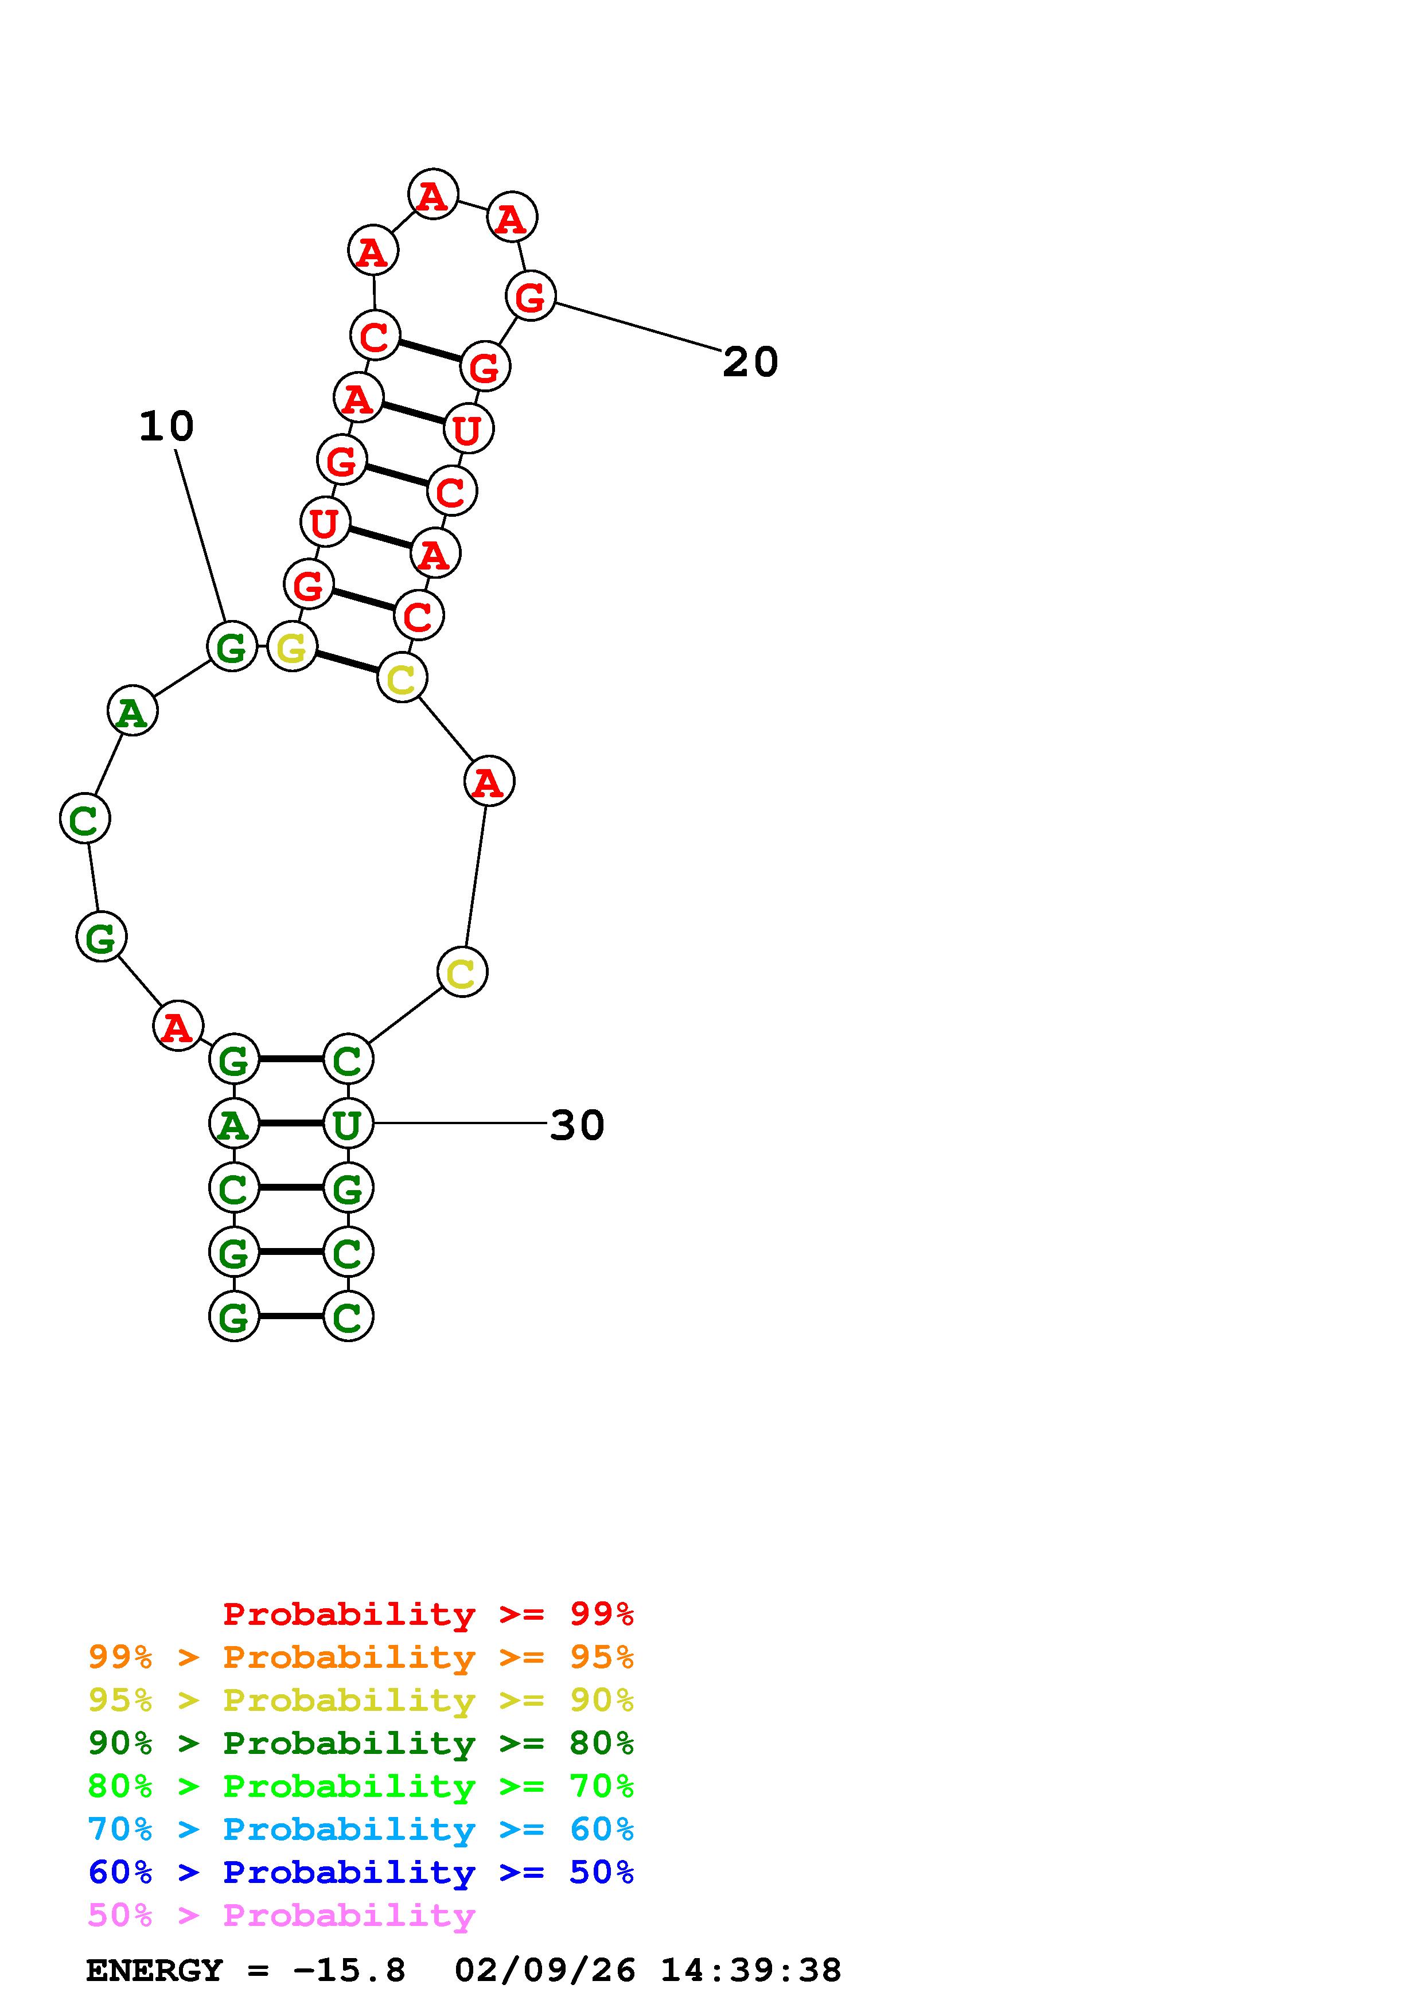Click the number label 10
tap(166, 427)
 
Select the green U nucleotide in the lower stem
tap(348, 1124)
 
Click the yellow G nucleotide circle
tap(292, 648)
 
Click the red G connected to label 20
tap(530, 296)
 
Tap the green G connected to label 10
tap(231, 647)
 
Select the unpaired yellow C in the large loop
tap(462, 972)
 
